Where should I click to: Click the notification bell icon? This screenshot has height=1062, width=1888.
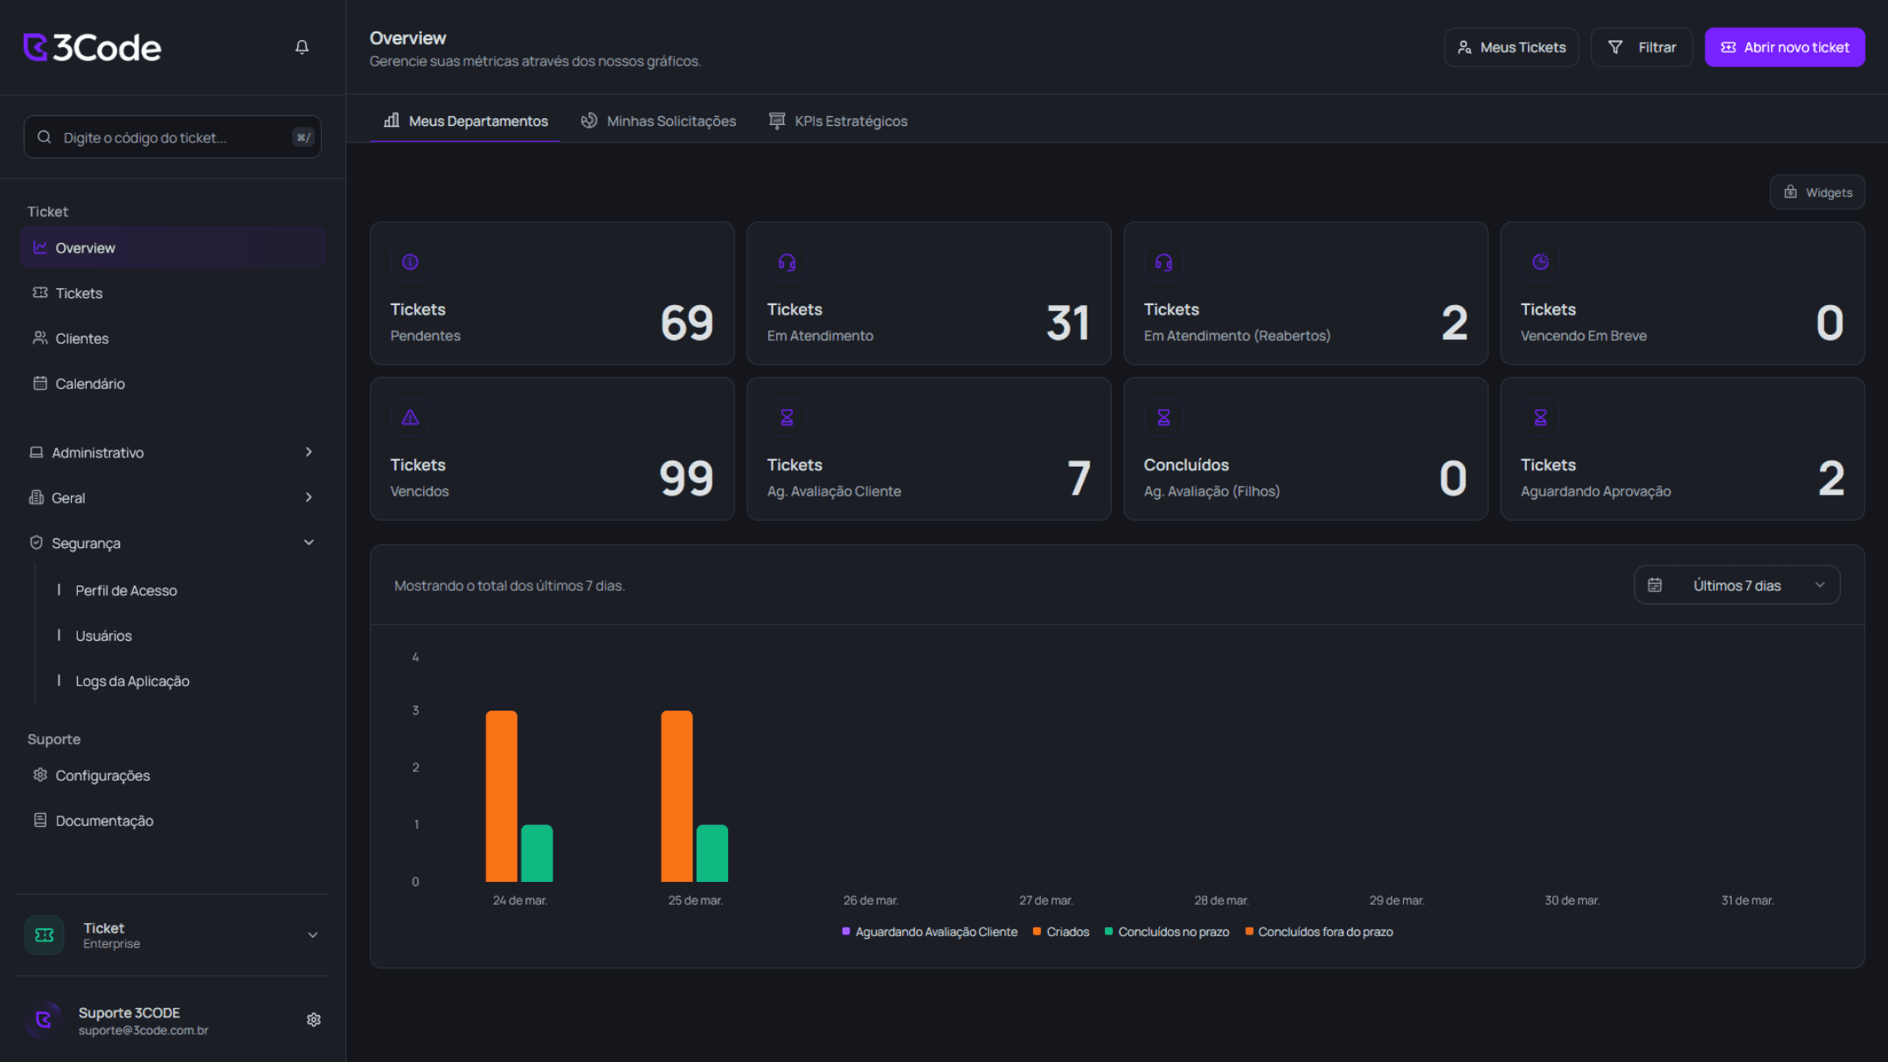302,47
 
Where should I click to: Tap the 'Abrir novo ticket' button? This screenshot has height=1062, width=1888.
1784,47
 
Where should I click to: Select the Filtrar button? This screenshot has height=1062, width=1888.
1642,47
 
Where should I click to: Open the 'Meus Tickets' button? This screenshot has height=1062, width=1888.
1511,47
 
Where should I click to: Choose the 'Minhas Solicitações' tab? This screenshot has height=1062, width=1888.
659,121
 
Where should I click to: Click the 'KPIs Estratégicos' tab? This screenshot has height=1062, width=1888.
838,121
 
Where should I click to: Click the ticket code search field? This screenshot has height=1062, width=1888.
172,137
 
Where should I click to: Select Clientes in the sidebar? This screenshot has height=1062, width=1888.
82,338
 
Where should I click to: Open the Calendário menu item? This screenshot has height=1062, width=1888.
90,384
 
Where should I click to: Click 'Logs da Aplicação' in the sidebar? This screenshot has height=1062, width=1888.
132,681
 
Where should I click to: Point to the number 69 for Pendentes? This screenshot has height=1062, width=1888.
687,323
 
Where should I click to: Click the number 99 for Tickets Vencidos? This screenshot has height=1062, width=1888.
686,478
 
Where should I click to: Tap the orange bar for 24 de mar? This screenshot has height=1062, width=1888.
502,795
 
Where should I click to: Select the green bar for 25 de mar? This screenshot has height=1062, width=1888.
712,853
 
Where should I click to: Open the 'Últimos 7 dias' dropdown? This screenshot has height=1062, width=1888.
1737,586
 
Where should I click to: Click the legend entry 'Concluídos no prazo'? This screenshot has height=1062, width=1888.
1173,932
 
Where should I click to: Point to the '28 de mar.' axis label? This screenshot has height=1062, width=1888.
1221,900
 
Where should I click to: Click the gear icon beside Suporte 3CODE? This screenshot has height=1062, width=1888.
314,1020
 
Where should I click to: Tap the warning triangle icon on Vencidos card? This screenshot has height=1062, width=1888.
410,418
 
